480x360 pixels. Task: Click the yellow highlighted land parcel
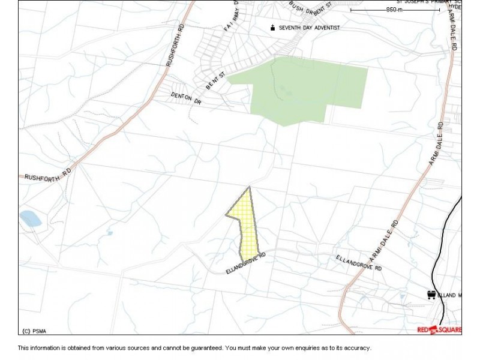coord(247,228)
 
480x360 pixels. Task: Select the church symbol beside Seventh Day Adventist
coord(273,27)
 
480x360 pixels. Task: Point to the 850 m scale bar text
coord(395,10)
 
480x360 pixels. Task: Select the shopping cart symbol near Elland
coord(431,295)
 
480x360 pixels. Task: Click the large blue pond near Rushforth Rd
coord(29,218)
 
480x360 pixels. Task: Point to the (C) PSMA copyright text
coord(35,331)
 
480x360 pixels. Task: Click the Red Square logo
coord(439,329)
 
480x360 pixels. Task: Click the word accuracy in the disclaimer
coord(356,348)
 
